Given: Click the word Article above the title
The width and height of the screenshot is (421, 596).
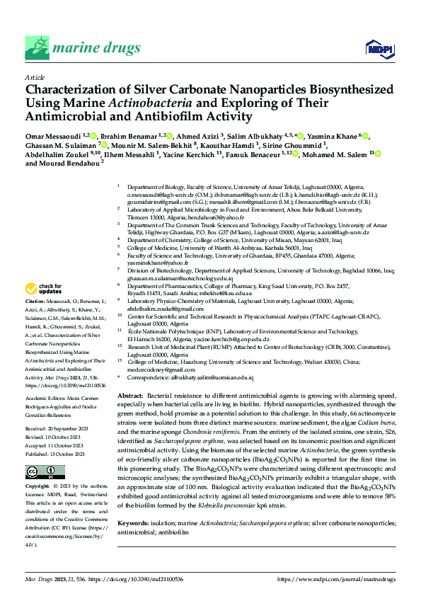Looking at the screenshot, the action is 35,77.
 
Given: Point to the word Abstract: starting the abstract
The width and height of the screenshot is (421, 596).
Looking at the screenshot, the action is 130,394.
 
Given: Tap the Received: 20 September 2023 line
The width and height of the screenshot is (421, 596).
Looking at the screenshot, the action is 56,430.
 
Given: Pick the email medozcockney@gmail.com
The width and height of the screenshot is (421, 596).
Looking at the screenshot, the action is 161,369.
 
